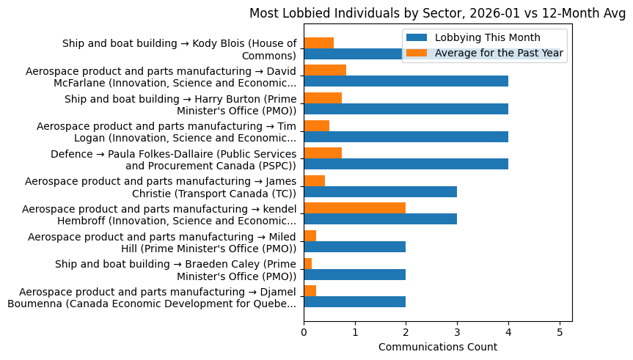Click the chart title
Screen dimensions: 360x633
438,13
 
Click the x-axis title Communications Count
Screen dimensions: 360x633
438,347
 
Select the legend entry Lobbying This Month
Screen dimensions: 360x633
487,37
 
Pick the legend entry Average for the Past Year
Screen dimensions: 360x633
499,53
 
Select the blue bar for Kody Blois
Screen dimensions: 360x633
352,54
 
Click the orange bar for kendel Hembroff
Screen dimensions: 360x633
355,207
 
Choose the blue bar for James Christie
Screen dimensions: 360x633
381,191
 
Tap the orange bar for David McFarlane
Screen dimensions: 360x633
325,70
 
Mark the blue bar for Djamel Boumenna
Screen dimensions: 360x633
355,302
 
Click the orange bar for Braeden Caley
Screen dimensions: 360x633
308,262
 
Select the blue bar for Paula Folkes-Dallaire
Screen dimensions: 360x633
406,164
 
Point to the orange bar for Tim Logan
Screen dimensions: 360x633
317,125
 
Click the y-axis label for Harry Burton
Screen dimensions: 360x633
180,105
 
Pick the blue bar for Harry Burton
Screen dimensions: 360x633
406,109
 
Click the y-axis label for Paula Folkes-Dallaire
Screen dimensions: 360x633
174,160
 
